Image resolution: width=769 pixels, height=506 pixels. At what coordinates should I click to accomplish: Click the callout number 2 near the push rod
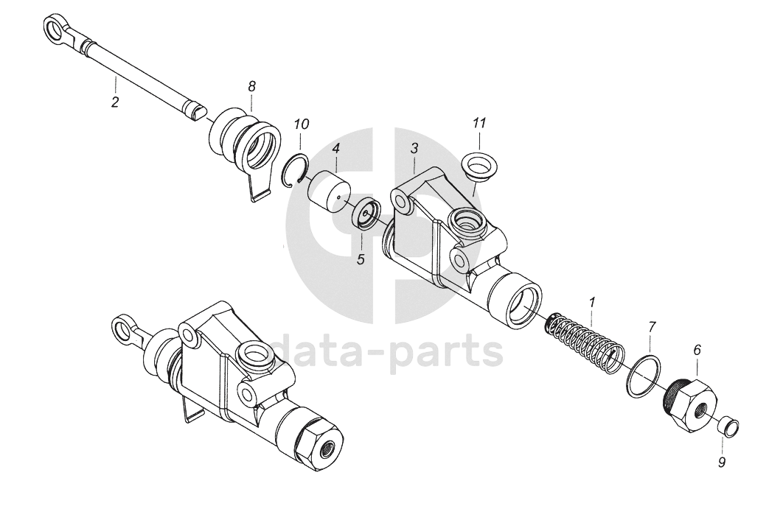tap(115, 102)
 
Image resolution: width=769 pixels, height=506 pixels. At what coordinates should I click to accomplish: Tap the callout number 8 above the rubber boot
tap(251, 86)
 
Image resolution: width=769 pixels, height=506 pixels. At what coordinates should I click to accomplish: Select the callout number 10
tap(301, 124)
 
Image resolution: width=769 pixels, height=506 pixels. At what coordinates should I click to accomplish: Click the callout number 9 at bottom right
tap(722, 463)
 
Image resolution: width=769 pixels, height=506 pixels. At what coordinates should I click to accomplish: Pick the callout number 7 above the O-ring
tap(651, 325)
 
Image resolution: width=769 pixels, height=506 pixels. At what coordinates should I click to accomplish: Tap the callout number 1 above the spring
tap(591, 302)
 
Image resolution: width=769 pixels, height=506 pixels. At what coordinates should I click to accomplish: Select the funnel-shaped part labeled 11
tap(479, 166)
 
